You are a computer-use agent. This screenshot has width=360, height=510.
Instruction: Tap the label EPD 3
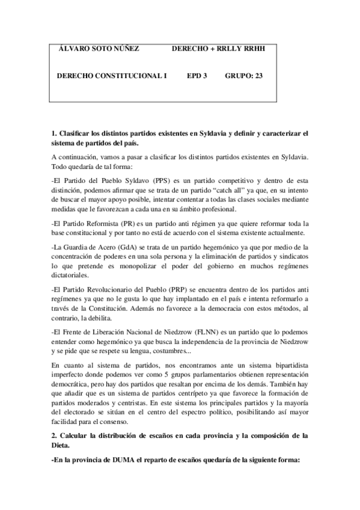tap(197, 76)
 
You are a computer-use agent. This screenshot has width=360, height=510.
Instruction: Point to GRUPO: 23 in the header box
tap(244, 76)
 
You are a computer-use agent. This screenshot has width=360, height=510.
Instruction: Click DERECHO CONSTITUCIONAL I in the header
tap(111, 76)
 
